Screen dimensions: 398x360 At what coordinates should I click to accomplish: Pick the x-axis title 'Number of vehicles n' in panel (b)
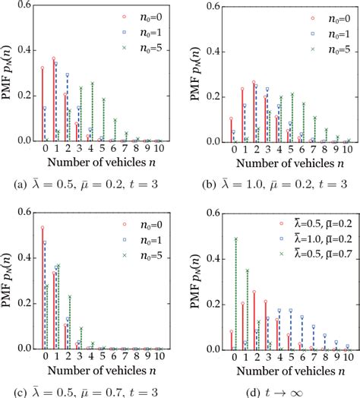274,161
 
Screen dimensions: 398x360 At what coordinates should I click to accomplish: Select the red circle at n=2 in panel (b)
253,82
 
